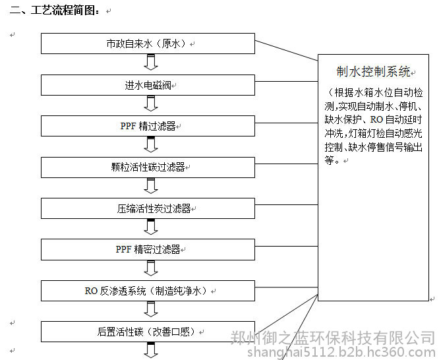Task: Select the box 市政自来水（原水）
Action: (x=148, y=44)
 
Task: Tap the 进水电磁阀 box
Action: (x=148, y=85)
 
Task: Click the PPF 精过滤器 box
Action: (x=148, y=126)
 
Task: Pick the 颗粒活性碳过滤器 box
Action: (x=148, y=167)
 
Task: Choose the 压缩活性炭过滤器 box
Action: (x=148, y=208)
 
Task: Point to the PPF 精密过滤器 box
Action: (x=148, y=249)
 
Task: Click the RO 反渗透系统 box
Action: (x=148, y=291)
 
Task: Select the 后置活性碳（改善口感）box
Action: (x=148, y=332)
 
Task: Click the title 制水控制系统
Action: (x=373, y=71)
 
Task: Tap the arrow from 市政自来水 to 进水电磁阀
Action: (x=151, y=62)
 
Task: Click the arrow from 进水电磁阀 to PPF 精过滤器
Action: (x=151, y=104)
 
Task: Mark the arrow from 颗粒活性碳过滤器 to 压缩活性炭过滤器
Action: (x=151, y=186)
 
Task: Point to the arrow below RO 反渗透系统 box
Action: (x=151, y=309)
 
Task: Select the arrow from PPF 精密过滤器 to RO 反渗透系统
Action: (x=151, y=268)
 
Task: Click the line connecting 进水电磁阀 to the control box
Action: (x=287, y=82)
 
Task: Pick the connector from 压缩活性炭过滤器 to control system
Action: (x=287, y=205)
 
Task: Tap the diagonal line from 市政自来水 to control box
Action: (x=287, y=50)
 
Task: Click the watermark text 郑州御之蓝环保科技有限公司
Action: (x=333, y=338)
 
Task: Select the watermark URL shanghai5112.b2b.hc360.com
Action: (x=341, y=352)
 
